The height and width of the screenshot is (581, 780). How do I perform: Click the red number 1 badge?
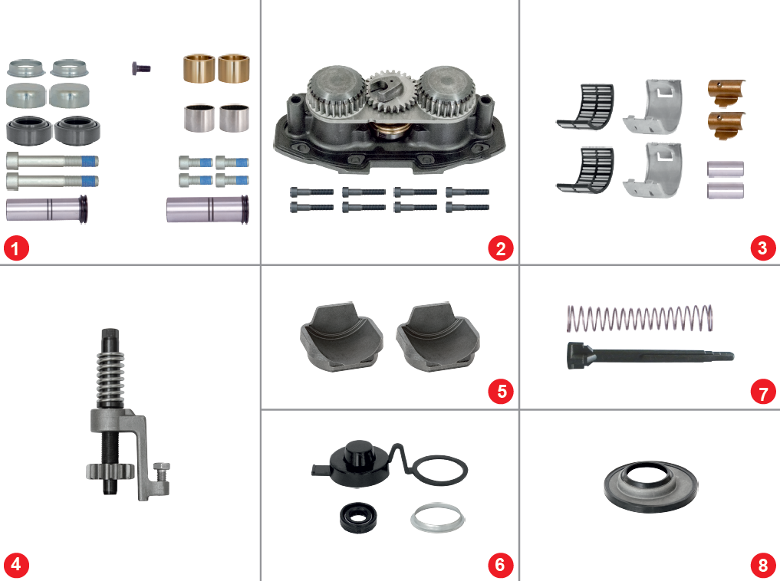pos(16,248)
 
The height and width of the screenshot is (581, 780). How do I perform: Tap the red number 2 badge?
pos(500,248)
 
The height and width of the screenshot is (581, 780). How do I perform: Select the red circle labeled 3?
pos(762,248)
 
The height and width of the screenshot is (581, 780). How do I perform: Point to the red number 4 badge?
pos(16,565)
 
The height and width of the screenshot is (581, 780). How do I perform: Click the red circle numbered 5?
pos(500,391)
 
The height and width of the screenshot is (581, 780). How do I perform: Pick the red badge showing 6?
pos(500,565)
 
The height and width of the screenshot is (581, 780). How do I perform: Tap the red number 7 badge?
pos(762,393)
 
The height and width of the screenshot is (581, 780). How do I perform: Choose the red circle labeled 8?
pos(762,566)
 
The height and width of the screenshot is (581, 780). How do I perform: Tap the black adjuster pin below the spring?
pos(648,356)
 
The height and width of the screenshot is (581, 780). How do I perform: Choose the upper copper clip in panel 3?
pos(725,90)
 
